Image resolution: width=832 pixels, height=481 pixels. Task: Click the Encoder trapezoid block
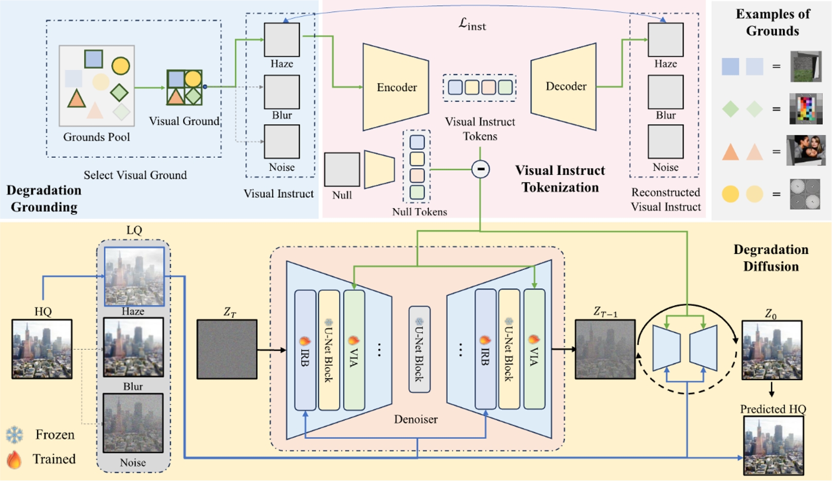pos(396,87)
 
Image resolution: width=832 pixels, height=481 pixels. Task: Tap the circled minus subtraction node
pos(481,169)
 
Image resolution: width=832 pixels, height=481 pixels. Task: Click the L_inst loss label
pos(472,24)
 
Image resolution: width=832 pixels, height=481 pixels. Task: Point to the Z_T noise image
pos(227,349)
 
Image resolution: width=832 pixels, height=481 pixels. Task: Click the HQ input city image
pos(42,349)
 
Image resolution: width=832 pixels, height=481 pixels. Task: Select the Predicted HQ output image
pos(773,445)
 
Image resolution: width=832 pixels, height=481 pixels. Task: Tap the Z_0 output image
pos(772,350)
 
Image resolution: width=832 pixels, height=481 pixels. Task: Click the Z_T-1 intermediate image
pos(605,349)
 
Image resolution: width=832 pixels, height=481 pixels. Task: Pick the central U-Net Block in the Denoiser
pos(419,349)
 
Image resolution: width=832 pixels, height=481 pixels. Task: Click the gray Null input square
pos(342,169)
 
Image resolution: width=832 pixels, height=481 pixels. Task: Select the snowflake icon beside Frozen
pos(15,435)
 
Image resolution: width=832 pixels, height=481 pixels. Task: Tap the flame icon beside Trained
pos(15,459)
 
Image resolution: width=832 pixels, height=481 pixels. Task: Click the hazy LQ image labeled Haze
pos(134,276)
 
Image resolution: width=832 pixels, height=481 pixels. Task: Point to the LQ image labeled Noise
pos(133,423)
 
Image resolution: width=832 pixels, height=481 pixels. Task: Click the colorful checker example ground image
pos(806,109)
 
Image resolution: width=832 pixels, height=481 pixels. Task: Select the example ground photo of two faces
pos(806,150)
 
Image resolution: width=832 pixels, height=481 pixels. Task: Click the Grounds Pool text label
pos(96,137)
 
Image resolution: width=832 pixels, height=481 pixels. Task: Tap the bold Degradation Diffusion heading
pos(771,258)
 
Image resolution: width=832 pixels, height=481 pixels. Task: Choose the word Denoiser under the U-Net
pos(416,419)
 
